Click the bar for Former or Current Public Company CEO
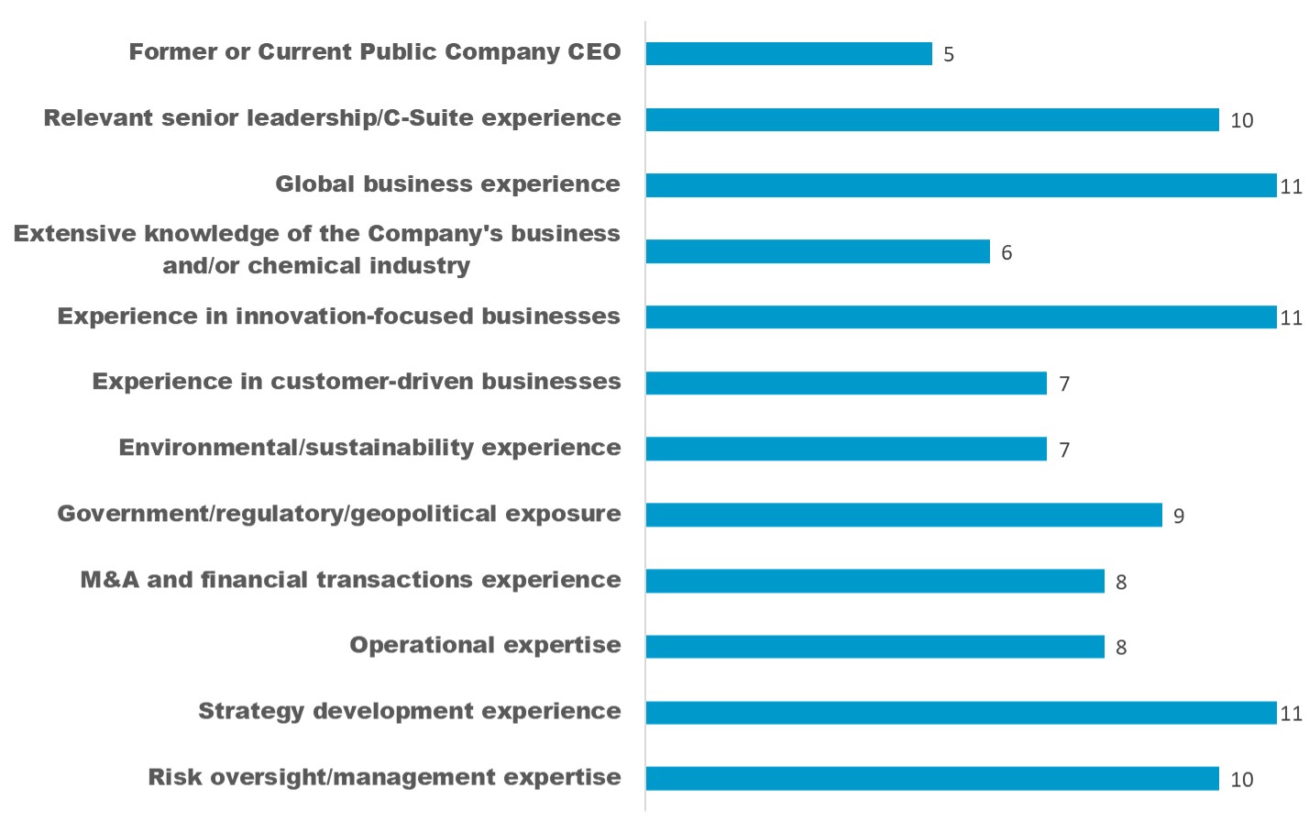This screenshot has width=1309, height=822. tap(788, 53)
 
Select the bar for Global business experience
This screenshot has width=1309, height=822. tap(961, 185)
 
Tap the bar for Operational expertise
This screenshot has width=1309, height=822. tap(874, 647)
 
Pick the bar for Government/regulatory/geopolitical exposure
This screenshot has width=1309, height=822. tap(903, 515)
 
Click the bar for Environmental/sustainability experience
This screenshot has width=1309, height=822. tap(845, 449)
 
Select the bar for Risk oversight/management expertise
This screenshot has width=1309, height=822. tap(932, 779)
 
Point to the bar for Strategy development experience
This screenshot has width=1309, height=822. tap(961, 713)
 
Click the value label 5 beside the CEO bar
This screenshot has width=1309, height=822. tap(949, 55)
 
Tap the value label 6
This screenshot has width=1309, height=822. tap(1006, 253)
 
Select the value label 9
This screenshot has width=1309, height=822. tap(1179, 517)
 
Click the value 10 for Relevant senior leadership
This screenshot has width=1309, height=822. tap(1242, 121)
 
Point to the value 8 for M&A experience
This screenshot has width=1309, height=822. tap(1121, 583)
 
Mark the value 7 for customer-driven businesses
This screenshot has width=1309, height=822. tap(1064, 384)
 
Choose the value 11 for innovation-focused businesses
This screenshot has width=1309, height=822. tap(1292, 318)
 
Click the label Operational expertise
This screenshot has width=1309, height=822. tap(485, 646)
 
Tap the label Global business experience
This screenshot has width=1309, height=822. tap(447, 184)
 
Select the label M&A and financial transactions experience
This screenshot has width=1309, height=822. tap(350, 580)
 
